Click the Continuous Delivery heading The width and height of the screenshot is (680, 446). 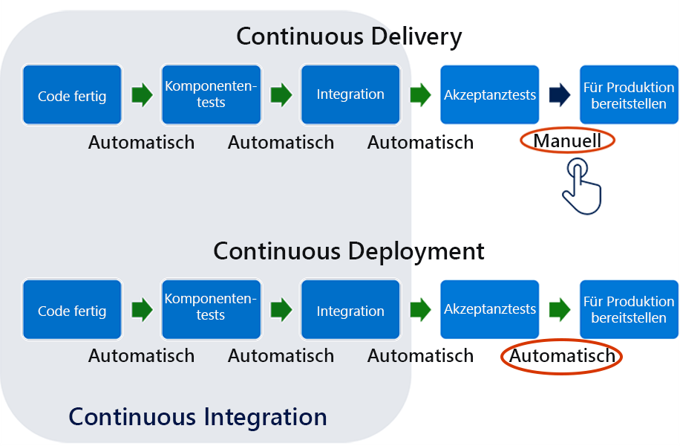pyautogui.click(x=349, y=36)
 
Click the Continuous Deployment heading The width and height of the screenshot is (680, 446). pyautogui.click(x=349, y=251)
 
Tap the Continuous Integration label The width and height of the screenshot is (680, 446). pyautogui.click(x=197, y=416)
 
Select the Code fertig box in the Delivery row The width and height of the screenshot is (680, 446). pyautogui.click(x=72, y=95)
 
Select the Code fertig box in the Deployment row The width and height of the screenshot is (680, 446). pyautogui.click(x=72, y=311)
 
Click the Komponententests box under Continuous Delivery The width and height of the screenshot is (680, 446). pyautogui.click(x=211, y=95)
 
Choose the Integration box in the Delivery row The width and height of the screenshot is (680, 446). pyautogui.click(x=350, y=95)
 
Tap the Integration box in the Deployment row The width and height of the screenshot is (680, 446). pyautogui.click(x=350, y=311)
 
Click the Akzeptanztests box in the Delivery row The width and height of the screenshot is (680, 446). pyautogui.click(x=490, y=95)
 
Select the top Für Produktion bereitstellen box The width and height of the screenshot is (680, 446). pyautogui.click(x=629, y=95)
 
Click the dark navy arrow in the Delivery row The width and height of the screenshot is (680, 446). pyautogui.click(x=559, y=94)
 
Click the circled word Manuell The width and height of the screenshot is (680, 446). pyautogui.click(x=567, y=141)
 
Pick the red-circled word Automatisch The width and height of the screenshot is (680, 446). pyautogui.click(x=562, y=356)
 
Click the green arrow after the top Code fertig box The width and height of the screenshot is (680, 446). pyautogui.click(x=142, y=94)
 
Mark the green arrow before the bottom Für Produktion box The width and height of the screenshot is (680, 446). pyautogui.click(x=559, y=310)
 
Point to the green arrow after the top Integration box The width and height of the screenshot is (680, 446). pyautogui.click(x=420, y=94)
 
